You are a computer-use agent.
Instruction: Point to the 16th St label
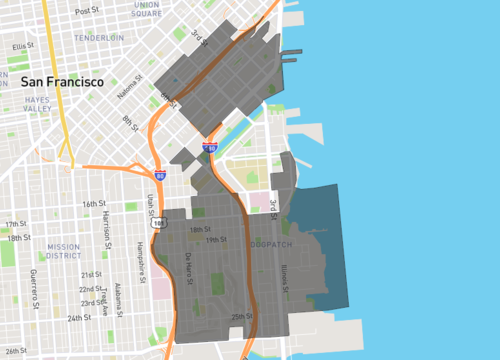pyautogui.click(x=94, y=203)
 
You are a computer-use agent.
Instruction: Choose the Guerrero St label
pyautogui.click(x=33, y=283)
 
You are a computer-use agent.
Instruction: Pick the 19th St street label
pyautogui.click(x=210, y=240)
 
